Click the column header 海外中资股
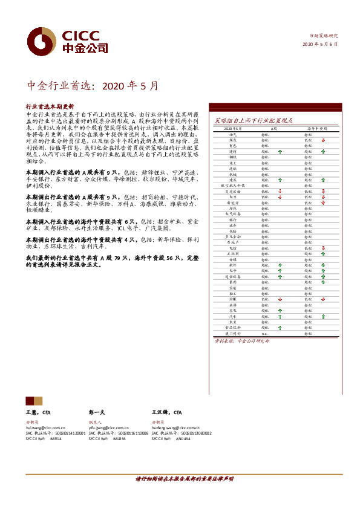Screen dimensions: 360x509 [x=316, y=129]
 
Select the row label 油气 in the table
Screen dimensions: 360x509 [x=233, y=135]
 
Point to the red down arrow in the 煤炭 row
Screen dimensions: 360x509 [x=324, y=140]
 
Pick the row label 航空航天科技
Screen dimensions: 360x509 [x=233, y=185]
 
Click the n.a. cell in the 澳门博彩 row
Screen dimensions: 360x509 [x=265, y=333]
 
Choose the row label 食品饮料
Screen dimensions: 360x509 [x=233, y=327]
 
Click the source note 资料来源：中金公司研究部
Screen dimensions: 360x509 [x=243, y=342]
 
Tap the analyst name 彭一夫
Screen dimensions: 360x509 [x=97, y=412]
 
